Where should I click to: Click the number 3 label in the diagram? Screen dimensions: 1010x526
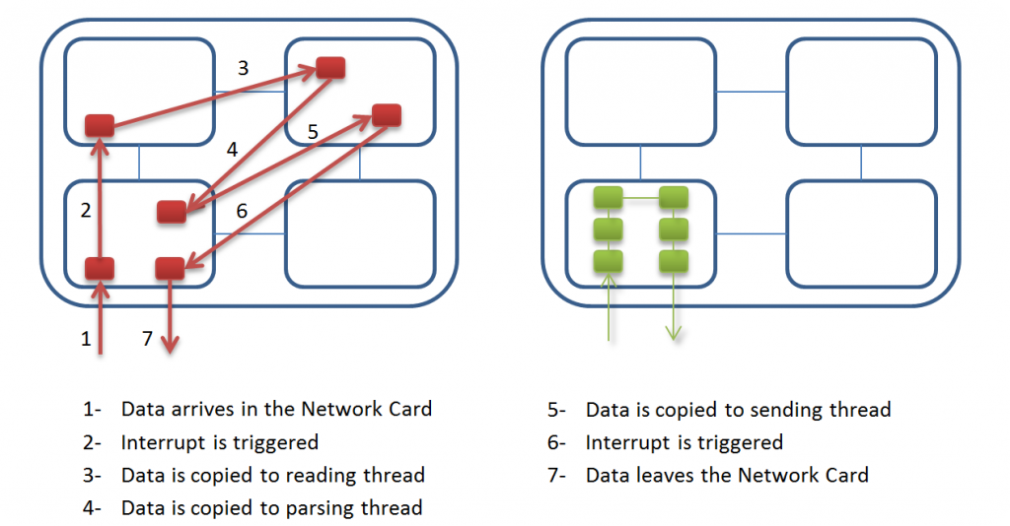[x=243, y=68]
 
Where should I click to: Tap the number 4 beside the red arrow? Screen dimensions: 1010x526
[x=232, y=150]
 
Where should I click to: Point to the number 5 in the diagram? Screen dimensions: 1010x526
[x=313, y=132]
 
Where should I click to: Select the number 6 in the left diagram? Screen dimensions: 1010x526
[x=242, y=211]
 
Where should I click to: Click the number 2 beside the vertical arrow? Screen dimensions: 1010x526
[x=86, y=210]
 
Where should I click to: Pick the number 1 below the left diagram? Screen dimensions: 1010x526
[x=86, y=339]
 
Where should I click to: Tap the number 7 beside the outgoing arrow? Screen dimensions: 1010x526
[x=148, y=338]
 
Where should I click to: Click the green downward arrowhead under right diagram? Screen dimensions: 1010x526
[x=673, y=333]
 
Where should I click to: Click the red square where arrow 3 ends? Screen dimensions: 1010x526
[x=330, y=68]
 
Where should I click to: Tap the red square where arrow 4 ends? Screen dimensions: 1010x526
[x=172, y=212]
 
